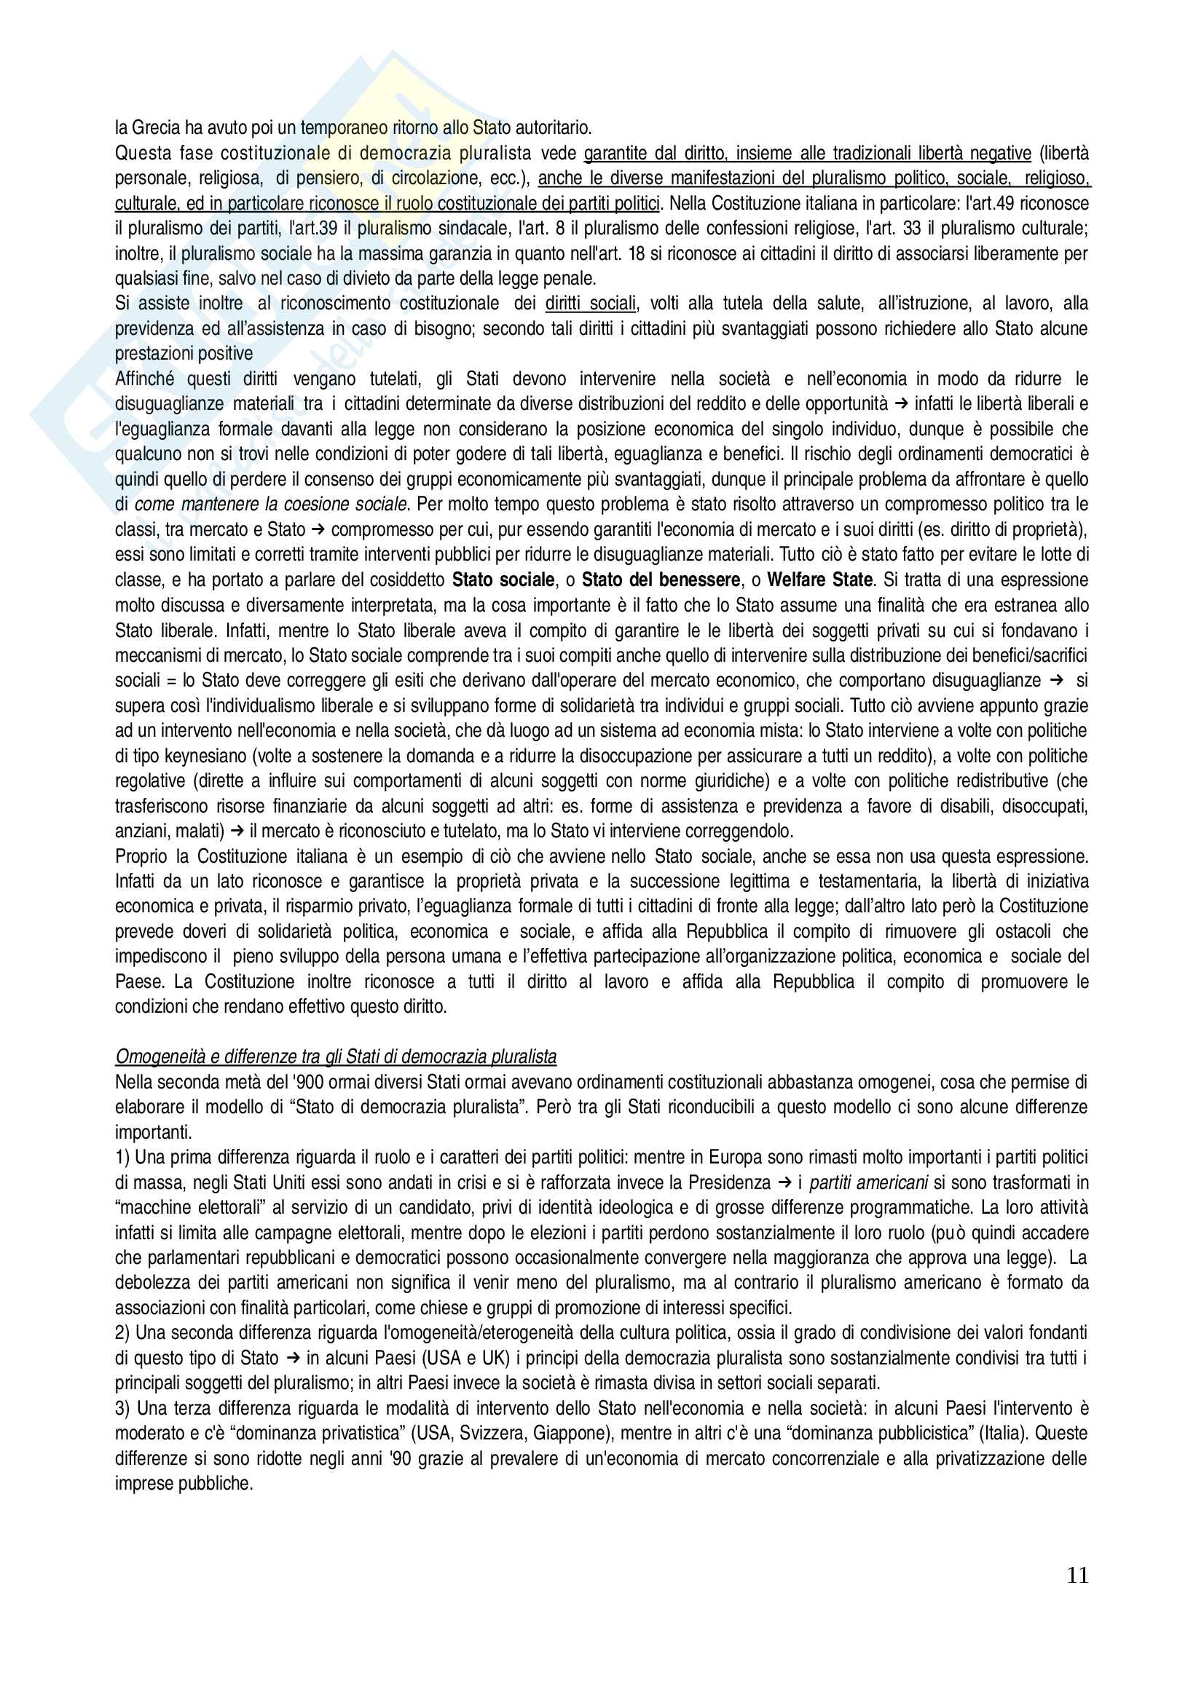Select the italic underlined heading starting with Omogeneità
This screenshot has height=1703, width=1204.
(x=335, y=1057)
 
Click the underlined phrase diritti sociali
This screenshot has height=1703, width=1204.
(x=591, y=304)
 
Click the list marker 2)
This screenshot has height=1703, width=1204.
(x=122, y=1333)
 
